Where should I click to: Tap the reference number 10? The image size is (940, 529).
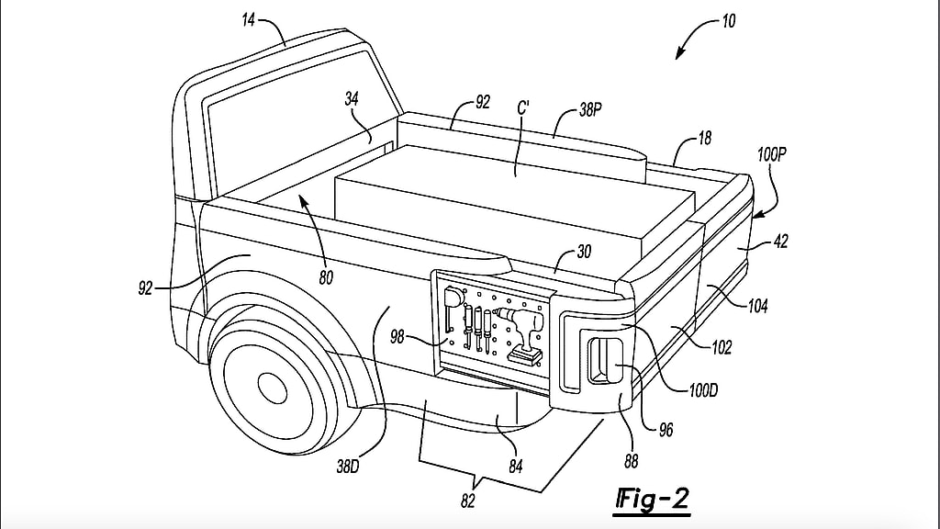727,20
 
